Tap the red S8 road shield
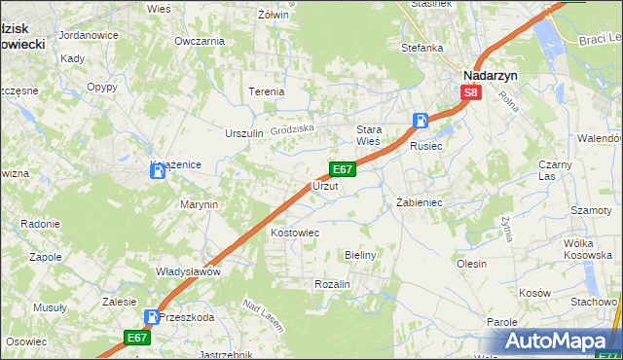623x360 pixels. (471, 92)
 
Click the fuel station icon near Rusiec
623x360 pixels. (421, 121)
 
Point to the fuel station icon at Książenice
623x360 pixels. (158, 171)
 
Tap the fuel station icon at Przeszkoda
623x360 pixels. (152, 316)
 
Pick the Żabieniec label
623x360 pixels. (420, 202)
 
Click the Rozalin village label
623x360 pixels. (332, 283)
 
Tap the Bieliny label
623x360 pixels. (360, 254)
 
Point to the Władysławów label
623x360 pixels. (189, 271)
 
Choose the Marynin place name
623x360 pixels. (199, 204)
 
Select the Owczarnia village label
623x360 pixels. (200, 41)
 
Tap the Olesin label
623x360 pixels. (471, 263)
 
